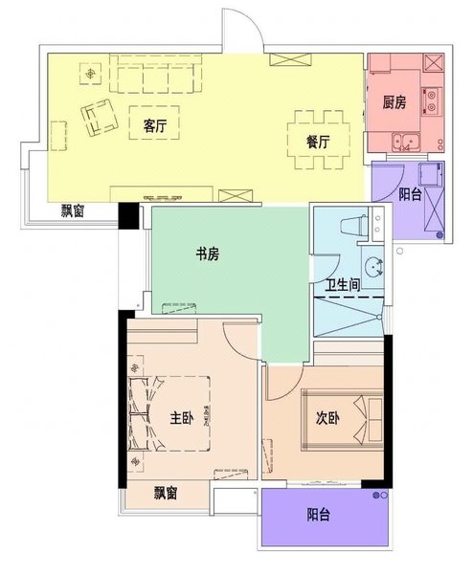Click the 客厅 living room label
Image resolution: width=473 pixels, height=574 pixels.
(154, 126)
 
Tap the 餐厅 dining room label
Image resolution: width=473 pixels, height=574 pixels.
(318, 142)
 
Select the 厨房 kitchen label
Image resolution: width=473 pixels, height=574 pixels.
(394, 102)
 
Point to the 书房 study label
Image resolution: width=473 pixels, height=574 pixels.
(208, 254)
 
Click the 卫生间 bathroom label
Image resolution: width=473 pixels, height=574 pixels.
(343, 284)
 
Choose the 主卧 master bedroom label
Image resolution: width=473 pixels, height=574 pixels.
(182, 418)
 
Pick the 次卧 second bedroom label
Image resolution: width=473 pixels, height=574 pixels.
(327, 418)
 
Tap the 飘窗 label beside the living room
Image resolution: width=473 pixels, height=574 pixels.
(73, 210)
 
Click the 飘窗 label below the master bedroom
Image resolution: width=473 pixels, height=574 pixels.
(166, 493)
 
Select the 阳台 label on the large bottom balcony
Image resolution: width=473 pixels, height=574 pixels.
(318, 515)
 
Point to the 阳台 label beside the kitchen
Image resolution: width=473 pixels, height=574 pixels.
(410, 194)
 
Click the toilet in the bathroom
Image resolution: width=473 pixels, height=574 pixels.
(354, 225)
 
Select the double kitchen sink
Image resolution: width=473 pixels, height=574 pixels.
(406, 142)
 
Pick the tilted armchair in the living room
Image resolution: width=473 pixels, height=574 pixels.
(100, 118)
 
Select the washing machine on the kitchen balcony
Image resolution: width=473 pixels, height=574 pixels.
(431, 174)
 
